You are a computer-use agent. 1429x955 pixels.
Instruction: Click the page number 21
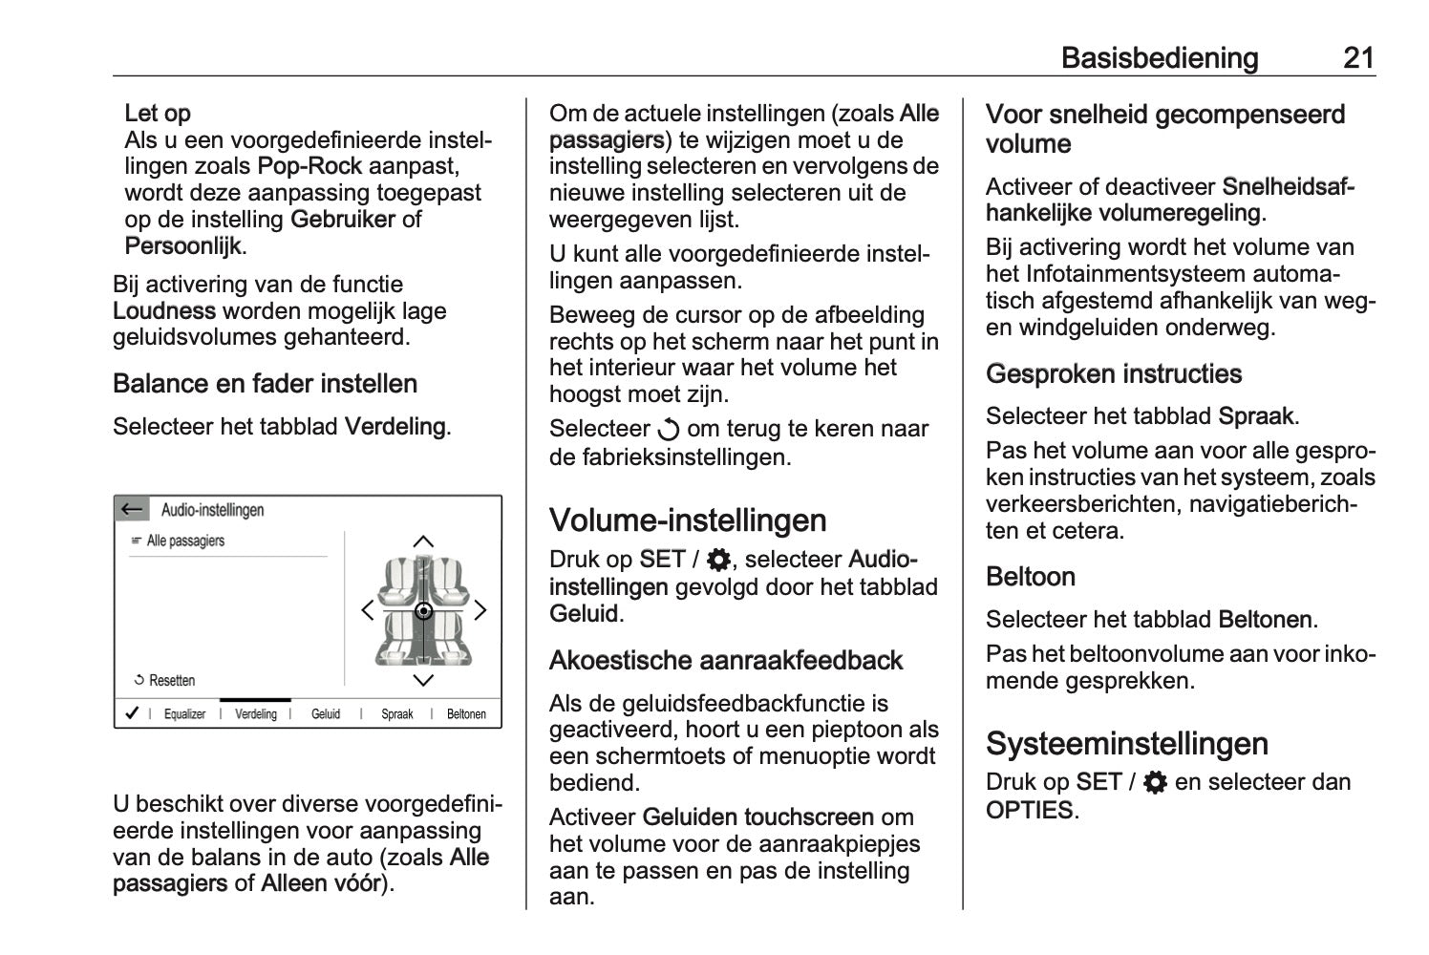pyautogui.click(x=1358, y=58)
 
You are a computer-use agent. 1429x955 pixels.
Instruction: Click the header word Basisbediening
pyautogui.click(x=1160, y=58)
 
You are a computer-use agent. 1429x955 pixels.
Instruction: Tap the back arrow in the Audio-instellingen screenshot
pyautogui.click(x=132, y=509)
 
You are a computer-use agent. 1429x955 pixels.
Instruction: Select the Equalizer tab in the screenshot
pyautogui.click(x=184, y=713)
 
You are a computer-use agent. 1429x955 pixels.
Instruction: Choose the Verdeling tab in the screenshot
pyautogui.click(x=256, y=713)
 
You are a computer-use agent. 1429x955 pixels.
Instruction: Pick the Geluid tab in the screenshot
pyautogui.click(x=326, y=713)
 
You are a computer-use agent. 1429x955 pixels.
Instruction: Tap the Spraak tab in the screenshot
pyautogui.click(x=397, y=713)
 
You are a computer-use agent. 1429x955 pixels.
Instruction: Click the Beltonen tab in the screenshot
pyautogui.click(x=466, y=713)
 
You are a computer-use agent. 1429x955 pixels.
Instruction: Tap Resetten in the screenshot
pyautogui.click(x=171, y=681)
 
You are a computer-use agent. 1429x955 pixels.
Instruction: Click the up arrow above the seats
pyautogui.click(x=423, y=541)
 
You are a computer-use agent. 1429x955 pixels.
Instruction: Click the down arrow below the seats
pyautogui.click(x=423, y=680)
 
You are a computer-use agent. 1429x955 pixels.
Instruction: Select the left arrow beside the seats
pyautogui.click(x=367, y=610)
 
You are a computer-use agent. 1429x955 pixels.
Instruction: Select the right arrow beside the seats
pyautogui.click(x=480, y=610)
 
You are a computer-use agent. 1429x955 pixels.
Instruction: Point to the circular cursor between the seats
pyautogui.click(x=424, y=611)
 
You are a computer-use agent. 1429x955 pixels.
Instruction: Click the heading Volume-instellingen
pyautogui.click(x=688, y=520)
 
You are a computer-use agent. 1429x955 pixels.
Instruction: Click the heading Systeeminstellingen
pyautogui.click(x=1127, y=744)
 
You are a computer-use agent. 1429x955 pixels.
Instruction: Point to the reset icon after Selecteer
pyautogui.click(x=670, y=430)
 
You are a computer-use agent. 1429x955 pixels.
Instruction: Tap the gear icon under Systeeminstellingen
pyautogui.click(x=1155, y=783)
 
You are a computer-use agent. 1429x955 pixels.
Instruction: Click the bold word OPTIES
pyautogui.click(x=1030, y=811)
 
